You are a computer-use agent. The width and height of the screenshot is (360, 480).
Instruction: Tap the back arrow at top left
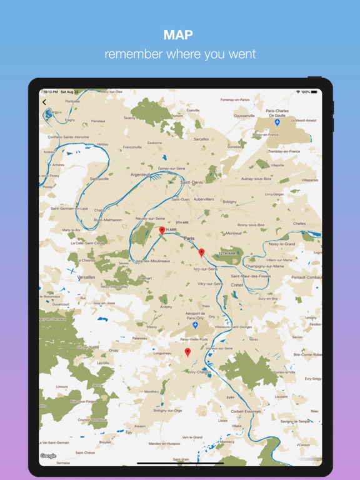point(44,102)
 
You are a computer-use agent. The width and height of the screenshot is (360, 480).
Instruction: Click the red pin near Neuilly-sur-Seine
point(162,231)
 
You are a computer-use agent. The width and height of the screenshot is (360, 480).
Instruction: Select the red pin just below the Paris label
point(201,252)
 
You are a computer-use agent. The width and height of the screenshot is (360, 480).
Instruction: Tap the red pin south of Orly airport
point(187,352)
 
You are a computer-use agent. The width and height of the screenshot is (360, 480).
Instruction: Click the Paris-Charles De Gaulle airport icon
point(277,122)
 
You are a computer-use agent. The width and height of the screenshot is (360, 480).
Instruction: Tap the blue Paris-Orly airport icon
point(195,326)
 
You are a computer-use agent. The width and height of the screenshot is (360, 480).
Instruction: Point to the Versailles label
point(86,277)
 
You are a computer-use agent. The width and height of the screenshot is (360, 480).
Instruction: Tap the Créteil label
point(236,285)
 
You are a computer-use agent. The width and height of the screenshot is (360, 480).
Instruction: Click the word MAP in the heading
point(180,35)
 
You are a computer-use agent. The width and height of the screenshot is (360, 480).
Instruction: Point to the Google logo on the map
point(49,456)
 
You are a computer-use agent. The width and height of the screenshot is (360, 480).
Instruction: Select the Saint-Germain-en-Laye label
point(70,209)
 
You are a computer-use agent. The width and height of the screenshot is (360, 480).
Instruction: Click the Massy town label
point(152,326)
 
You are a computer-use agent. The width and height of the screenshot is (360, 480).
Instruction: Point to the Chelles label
point(299,223)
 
